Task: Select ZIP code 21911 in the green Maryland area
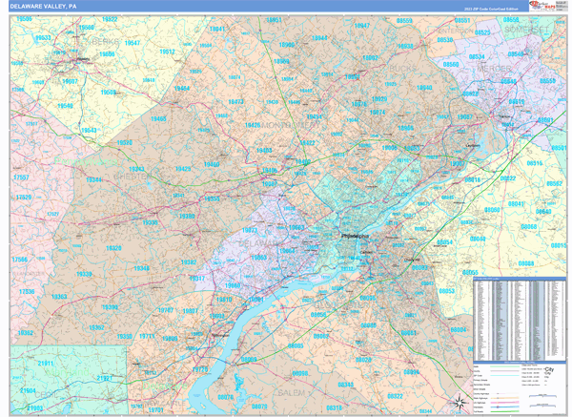point(46,365)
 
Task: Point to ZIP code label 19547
point(133,43)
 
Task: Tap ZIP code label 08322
point(394,396)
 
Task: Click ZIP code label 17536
point(26,291)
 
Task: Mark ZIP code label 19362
point(26,333)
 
